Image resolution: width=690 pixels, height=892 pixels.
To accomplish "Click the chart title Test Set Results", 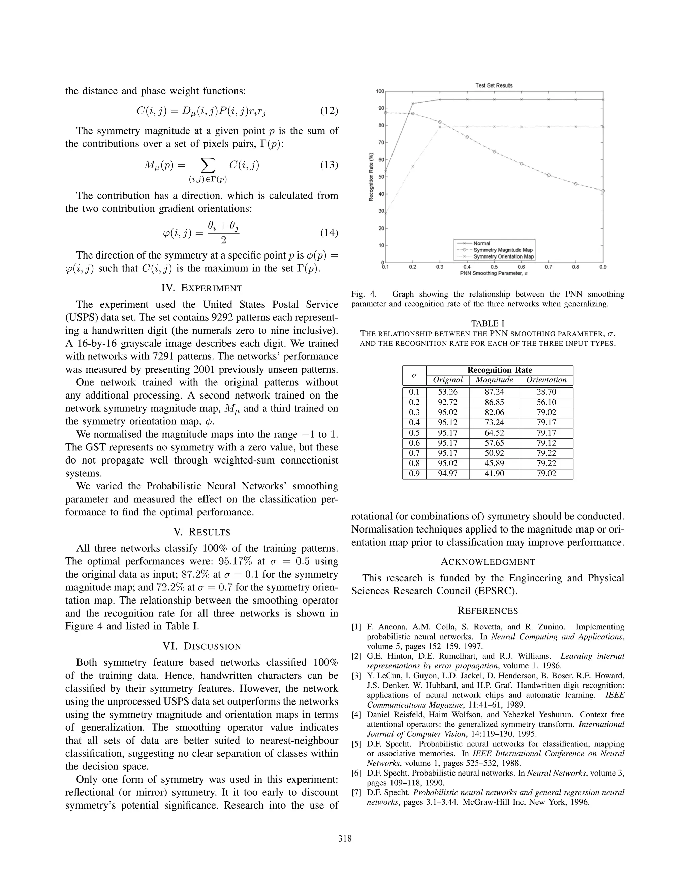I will [494, 85].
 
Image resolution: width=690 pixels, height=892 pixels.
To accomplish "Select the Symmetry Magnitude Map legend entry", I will [503, 250].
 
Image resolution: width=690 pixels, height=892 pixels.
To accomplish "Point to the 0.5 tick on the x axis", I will [494, 267].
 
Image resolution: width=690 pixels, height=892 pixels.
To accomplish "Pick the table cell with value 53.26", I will [448, 392].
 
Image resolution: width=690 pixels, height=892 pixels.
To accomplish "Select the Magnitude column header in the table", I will [494, 380].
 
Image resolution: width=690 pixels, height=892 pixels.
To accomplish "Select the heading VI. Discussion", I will [202, 647].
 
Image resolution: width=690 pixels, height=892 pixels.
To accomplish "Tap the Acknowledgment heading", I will [488, 562].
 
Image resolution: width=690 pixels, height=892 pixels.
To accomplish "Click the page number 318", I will [345, 839].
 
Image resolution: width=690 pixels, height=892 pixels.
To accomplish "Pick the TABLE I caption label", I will [488, 323].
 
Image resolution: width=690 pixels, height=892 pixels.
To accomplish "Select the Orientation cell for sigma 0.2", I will [546, 402].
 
